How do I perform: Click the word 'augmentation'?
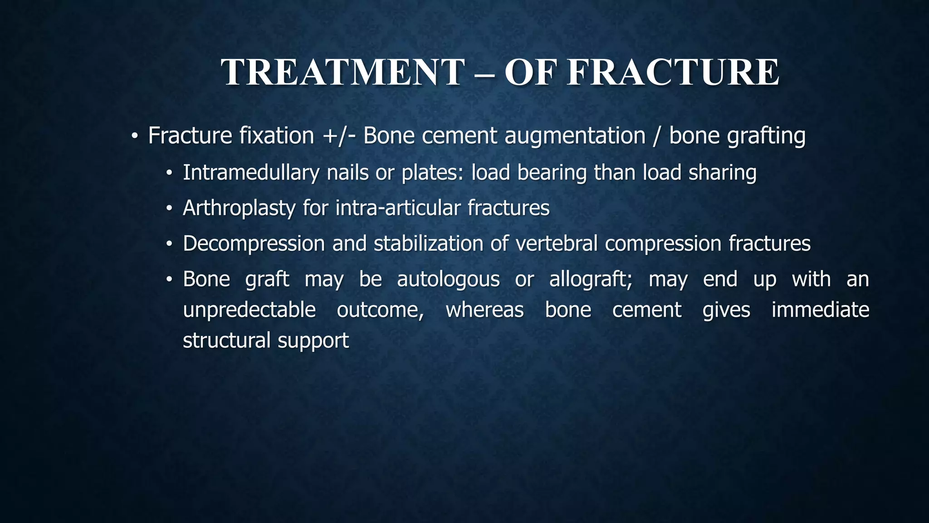coord(575,136)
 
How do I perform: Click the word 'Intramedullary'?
coord(251,173)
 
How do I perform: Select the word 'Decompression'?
coord(254,244)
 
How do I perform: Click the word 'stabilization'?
coord(428,244)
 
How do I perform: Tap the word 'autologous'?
coord(448,279)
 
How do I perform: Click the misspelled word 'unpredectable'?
coord(249,310)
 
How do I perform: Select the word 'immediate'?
coord(820,310)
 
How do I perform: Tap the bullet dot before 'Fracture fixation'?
coord(134,136)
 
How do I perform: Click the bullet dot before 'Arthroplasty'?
coord(169,209)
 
